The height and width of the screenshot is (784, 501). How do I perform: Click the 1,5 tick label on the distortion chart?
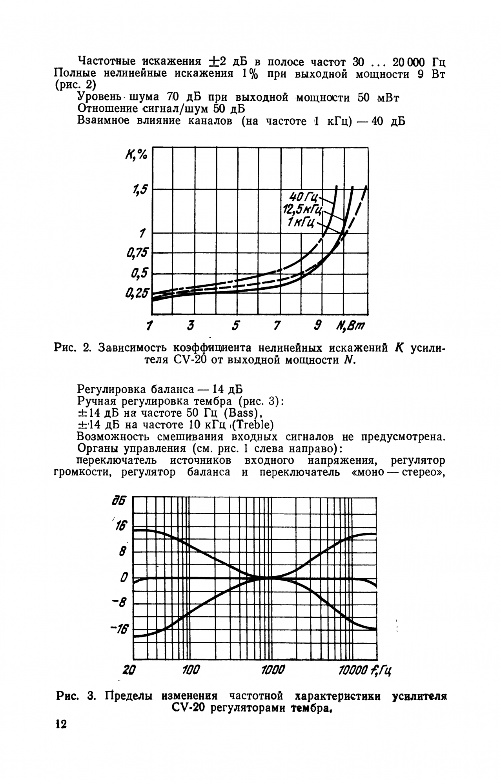click(x=140, y=191)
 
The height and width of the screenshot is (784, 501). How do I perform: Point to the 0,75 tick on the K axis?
click(x=138, y=253)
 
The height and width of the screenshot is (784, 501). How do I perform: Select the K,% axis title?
click(x=136, y=155)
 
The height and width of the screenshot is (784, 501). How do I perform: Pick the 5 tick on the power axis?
click(x=235, y=326)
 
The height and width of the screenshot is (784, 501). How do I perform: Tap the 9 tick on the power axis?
click(x=319, y=325)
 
